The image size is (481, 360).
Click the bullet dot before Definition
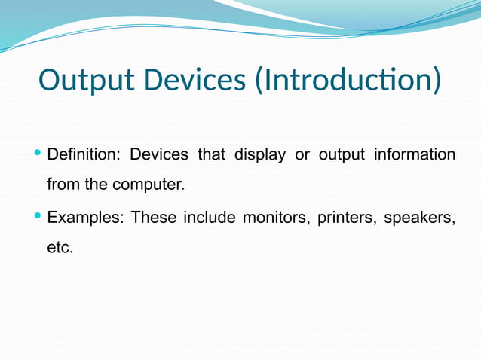coord(39,154)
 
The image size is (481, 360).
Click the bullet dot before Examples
coord(39,218)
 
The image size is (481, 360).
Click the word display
coord(259,156)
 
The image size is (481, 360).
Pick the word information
coord(415,155)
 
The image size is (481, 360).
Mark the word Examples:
coord(84,218)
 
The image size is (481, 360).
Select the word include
coord(209,218)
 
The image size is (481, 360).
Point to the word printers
coord(346,218)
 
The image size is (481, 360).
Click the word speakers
coord(419,219)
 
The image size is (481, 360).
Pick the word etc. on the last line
coord(60,247)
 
